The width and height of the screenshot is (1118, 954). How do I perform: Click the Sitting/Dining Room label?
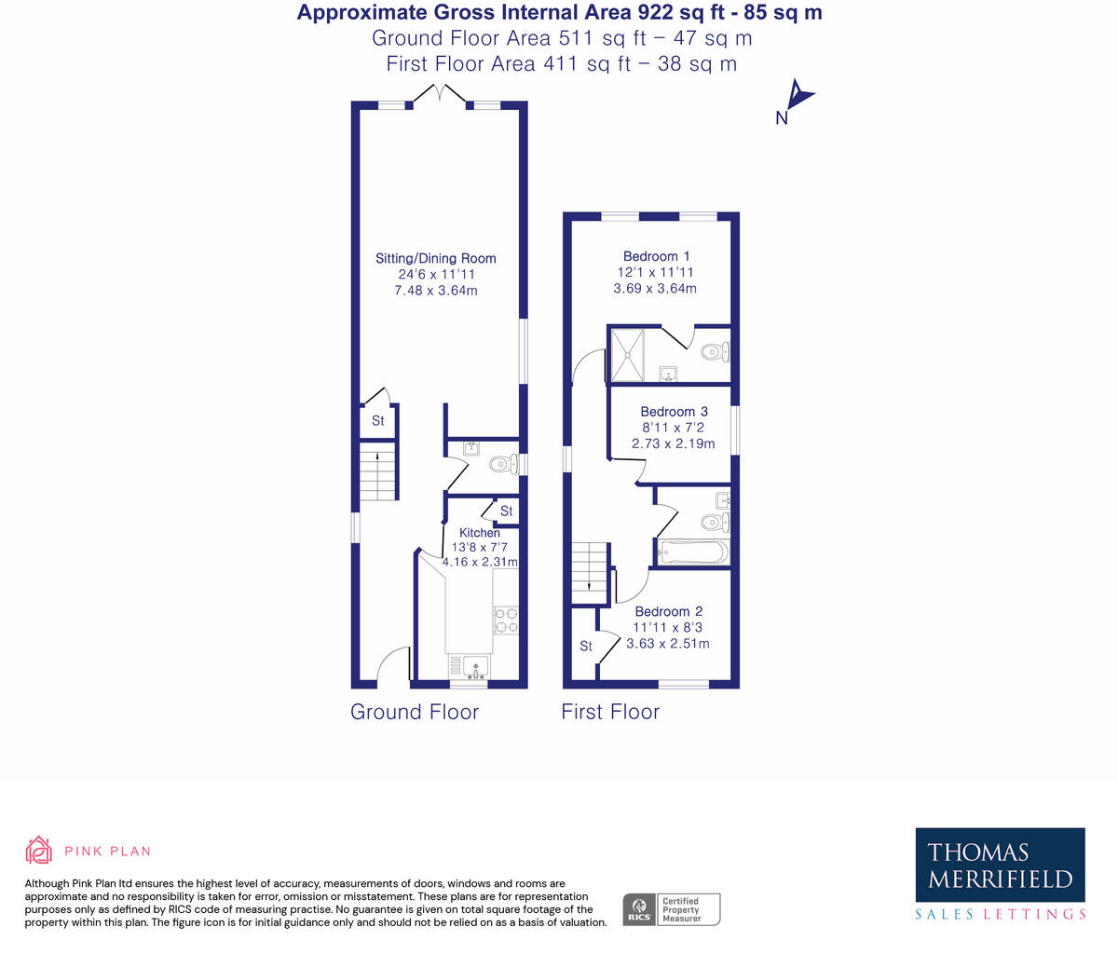tap(435, 258)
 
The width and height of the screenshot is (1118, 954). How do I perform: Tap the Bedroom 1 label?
tap(656, 256)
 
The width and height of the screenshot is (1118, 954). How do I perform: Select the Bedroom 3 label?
tap(674, 412)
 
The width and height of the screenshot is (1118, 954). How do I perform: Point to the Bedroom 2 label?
tap(668, 612)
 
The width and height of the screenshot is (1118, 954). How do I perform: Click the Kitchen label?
tap(479, 533)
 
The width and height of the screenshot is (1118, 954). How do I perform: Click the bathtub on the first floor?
tap(692, 553)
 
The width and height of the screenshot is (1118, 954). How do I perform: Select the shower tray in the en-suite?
tap(626, 353)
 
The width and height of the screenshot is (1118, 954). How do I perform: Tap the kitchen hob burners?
tap(506, 620)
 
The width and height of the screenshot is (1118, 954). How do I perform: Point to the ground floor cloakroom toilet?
tap(503, 463)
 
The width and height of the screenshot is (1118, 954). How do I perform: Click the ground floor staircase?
tap(378, 473)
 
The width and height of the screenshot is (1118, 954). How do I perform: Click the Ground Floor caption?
tap(415, 712)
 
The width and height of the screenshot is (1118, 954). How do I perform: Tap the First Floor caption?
tap(610, 712)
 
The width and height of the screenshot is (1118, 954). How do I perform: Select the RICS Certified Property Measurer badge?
tap(671, 909)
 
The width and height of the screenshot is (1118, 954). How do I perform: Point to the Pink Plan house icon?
tap(39, 850)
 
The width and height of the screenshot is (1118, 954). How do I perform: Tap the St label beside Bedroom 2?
tap(586, 646)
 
